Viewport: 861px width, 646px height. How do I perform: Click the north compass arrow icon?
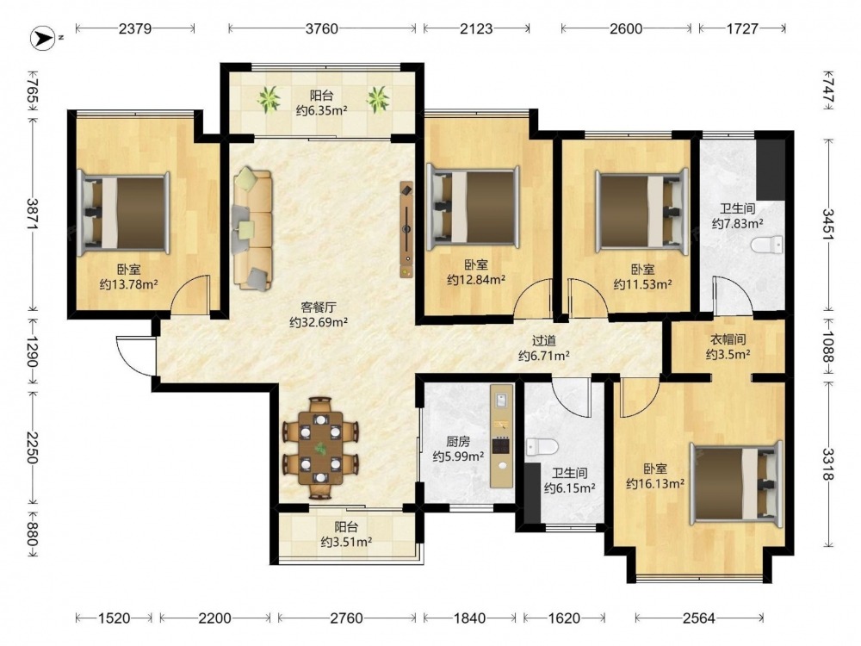pos(43,38)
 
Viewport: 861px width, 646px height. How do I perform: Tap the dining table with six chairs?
pos(320,448)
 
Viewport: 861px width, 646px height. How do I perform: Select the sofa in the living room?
pos(252,229)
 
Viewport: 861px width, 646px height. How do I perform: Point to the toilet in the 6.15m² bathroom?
pos(542,446)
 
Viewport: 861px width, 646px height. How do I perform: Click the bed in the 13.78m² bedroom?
pos(123,213)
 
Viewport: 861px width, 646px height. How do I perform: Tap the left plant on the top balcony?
pos(269,99)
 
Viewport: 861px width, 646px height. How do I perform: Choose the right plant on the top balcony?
pos(378,99)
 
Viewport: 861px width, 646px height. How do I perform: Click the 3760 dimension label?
pos(322,28)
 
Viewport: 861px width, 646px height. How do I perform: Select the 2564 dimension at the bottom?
pos(698,618)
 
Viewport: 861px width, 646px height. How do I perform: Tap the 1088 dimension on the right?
pos(828,346)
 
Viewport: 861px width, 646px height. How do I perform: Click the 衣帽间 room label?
pos(728,339)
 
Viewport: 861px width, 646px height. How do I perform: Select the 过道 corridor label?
pos(543,340)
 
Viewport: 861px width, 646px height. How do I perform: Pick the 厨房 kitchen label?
pos(458,441)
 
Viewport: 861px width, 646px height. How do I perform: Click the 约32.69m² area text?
pos(319,322)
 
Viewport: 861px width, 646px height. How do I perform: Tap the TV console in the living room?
pos(406,229)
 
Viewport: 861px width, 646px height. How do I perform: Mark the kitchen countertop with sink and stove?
pos(502,436)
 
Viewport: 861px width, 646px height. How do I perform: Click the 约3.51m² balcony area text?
pos(346,542)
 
